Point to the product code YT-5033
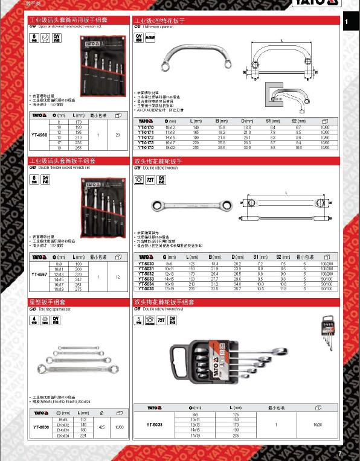click(146, 279)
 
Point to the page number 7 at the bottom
click(340, 454)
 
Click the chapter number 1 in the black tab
click(347, 22)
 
